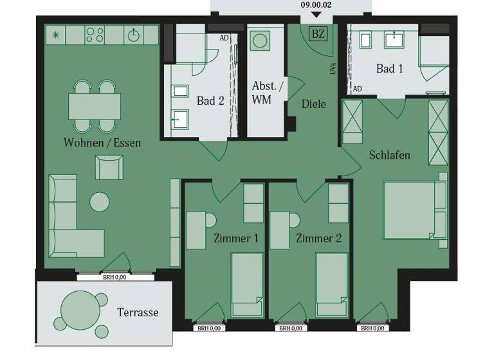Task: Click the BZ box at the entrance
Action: point(318,33)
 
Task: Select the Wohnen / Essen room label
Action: point(102,142)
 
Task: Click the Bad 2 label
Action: point(210,101)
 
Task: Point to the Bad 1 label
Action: point(389,68)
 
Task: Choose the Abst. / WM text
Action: point(270,93)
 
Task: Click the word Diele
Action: point(314,104)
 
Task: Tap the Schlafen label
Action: point(389,156)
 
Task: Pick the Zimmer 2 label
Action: point(318,239)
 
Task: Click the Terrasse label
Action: point(138,312)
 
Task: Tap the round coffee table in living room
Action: point(100,202)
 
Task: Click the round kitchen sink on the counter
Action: point(135,35)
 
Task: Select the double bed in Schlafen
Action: point(415,210)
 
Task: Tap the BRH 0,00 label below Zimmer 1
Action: point(209,328)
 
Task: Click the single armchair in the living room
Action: point(108,168)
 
